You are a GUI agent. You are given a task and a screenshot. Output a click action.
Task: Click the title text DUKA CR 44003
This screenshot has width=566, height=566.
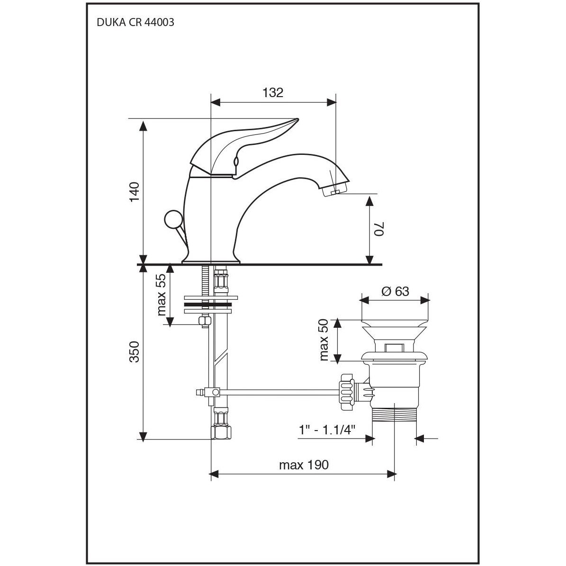point(135,22)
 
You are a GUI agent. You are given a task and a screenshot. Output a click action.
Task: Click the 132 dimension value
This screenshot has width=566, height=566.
point(273,93)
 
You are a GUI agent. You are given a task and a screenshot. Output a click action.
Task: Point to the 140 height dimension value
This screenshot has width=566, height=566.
point(135,192)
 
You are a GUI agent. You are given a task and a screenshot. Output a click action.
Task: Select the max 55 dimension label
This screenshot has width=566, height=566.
point(162,295)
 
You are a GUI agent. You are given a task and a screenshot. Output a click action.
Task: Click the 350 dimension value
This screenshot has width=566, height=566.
point(135,351)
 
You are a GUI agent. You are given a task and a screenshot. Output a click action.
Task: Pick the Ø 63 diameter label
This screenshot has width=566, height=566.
point(395,291)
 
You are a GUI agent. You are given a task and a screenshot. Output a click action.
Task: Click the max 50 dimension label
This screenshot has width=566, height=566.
point(324,340)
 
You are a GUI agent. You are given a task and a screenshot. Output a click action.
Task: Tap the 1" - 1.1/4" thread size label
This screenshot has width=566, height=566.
point(327,430)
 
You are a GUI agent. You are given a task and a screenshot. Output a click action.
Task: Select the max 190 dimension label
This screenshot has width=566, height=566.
point(304,465)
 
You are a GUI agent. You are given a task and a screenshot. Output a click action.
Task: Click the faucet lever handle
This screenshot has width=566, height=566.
point(245,148)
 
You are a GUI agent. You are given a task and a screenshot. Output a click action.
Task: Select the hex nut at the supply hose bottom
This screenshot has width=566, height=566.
point(220,431)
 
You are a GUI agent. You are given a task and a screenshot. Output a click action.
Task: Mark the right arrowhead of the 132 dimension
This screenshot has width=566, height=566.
point(332,102)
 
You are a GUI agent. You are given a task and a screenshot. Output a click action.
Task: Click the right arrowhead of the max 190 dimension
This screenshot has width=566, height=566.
point(391,474)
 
